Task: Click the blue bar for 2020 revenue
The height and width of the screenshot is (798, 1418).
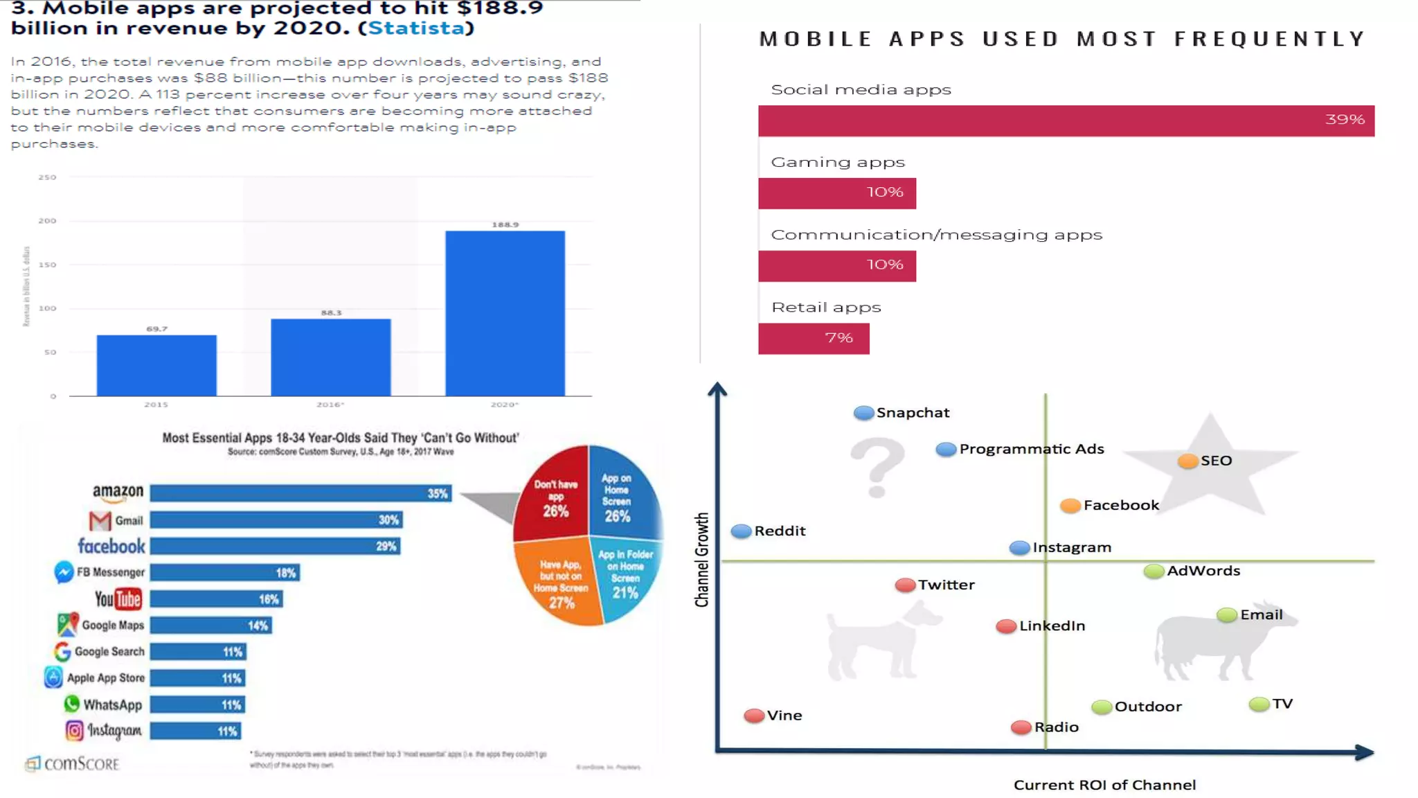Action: click(x=505, y=313)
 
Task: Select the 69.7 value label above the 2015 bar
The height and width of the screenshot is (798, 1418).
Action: click(x=156, y=329)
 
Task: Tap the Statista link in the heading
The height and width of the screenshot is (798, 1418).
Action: click(x=416, y=28)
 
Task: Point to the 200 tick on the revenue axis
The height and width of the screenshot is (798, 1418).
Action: click(x=47, y=221)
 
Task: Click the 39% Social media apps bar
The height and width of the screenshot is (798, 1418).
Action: click(x=1066, y=121)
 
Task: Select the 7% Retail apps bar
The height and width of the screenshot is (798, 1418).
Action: click(x=814, y=339)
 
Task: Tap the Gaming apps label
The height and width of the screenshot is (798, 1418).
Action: click(x=838, y=162)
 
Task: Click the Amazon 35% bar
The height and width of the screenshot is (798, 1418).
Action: click(x=300, y=493)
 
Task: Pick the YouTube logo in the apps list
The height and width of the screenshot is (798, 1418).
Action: click(x=118, y=599)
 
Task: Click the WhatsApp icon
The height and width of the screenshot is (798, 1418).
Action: click(x=71, y=704)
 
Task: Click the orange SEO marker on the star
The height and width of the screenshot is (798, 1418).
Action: click(x=1187, y=461)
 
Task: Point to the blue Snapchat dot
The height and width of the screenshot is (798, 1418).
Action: click(x=863, y=413)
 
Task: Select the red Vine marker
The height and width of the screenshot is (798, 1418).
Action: click(x=754, y=716)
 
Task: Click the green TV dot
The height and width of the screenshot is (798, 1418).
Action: click(x=1259, y=704)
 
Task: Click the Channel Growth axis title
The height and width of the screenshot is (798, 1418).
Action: click(x=702, y=560)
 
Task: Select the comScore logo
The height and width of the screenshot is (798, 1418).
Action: click(x=72, y=763)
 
